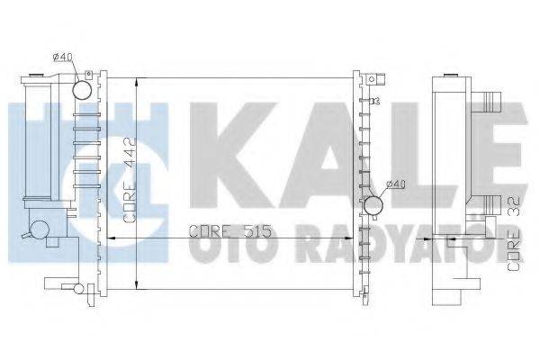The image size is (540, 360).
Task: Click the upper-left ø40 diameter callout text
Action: pos(63,58)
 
